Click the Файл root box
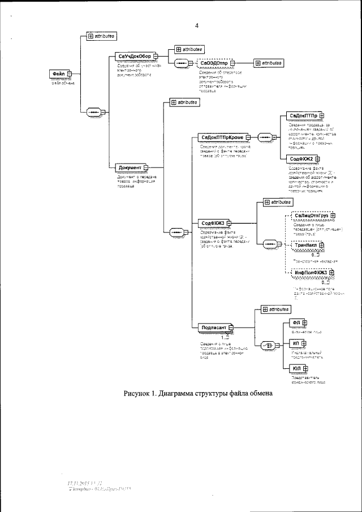tap(59, 74)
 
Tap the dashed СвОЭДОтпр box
tap(217, 63)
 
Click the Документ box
tap(132, 167)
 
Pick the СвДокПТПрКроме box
tap(222, 137)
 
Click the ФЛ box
tap(297, 322)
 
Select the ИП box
tap(297, 344)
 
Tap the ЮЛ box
tap(297, 368)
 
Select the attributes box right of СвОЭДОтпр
tap(268, 63)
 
